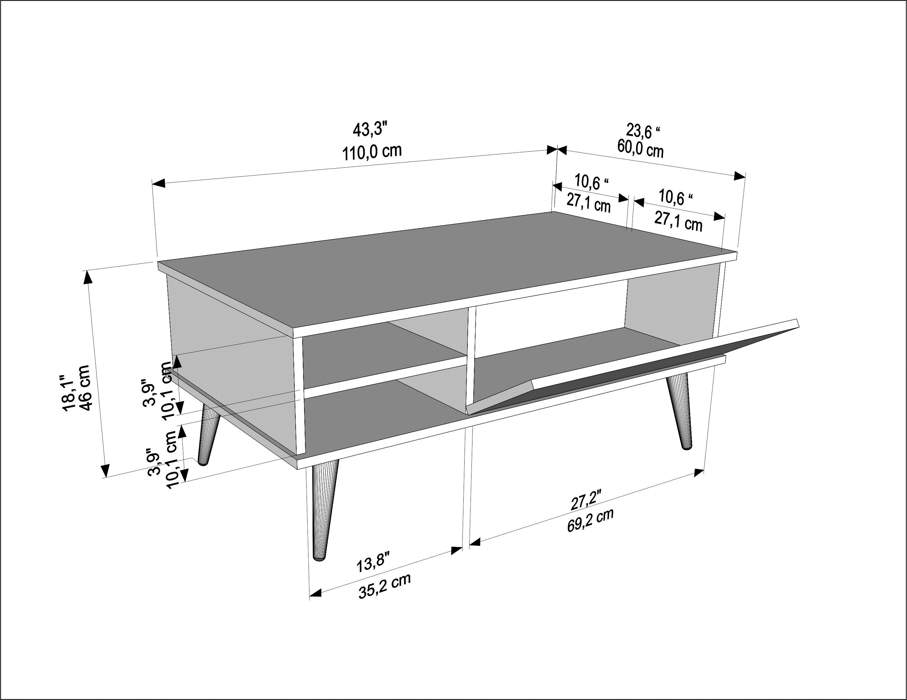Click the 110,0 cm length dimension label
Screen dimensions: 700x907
372,152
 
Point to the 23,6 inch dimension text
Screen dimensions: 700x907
643,131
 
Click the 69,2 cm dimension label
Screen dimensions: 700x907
590,520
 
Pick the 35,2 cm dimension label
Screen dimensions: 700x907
385,586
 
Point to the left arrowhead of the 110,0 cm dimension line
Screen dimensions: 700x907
159,183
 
